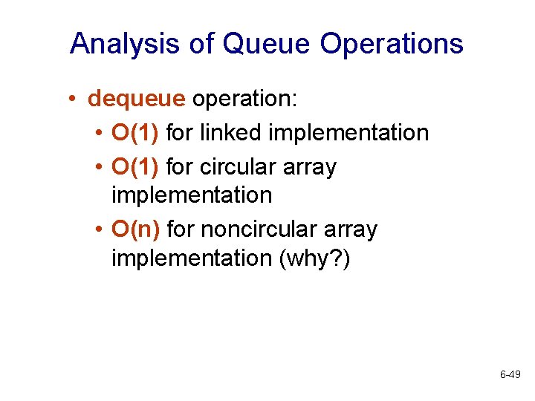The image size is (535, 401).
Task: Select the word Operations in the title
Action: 392,44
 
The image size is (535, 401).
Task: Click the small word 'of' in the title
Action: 200,44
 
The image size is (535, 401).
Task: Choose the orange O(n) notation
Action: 136,230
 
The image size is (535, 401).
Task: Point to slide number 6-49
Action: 510,375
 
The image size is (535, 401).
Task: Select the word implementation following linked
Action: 348,133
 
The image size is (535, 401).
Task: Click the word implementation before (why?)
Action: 192,258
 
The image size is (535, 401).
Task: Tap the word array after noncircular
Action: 349,230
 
